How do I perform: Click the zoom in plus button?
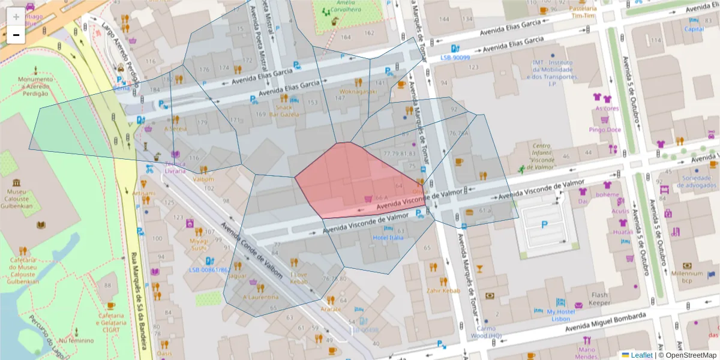[16, 17]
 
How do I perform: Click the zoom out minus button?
[16, 35]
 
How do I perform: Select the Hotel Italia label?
[388, 238]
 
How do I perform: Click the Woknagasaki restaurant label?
[358, 92]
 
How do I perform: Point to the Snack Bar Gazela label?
[284, 110]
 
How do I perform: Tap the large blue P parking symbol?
[545, 224]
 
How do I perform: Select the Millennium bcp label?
[687, 277]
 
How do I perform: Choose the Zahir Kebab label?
[443, 290]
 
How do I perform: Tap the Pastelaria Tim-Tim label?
[583, 13]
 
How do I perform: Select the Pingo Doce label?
[605, 130]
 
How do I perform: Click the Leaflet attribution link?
[641, 355]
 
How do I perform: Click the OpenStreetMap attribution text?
[688, 355]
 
